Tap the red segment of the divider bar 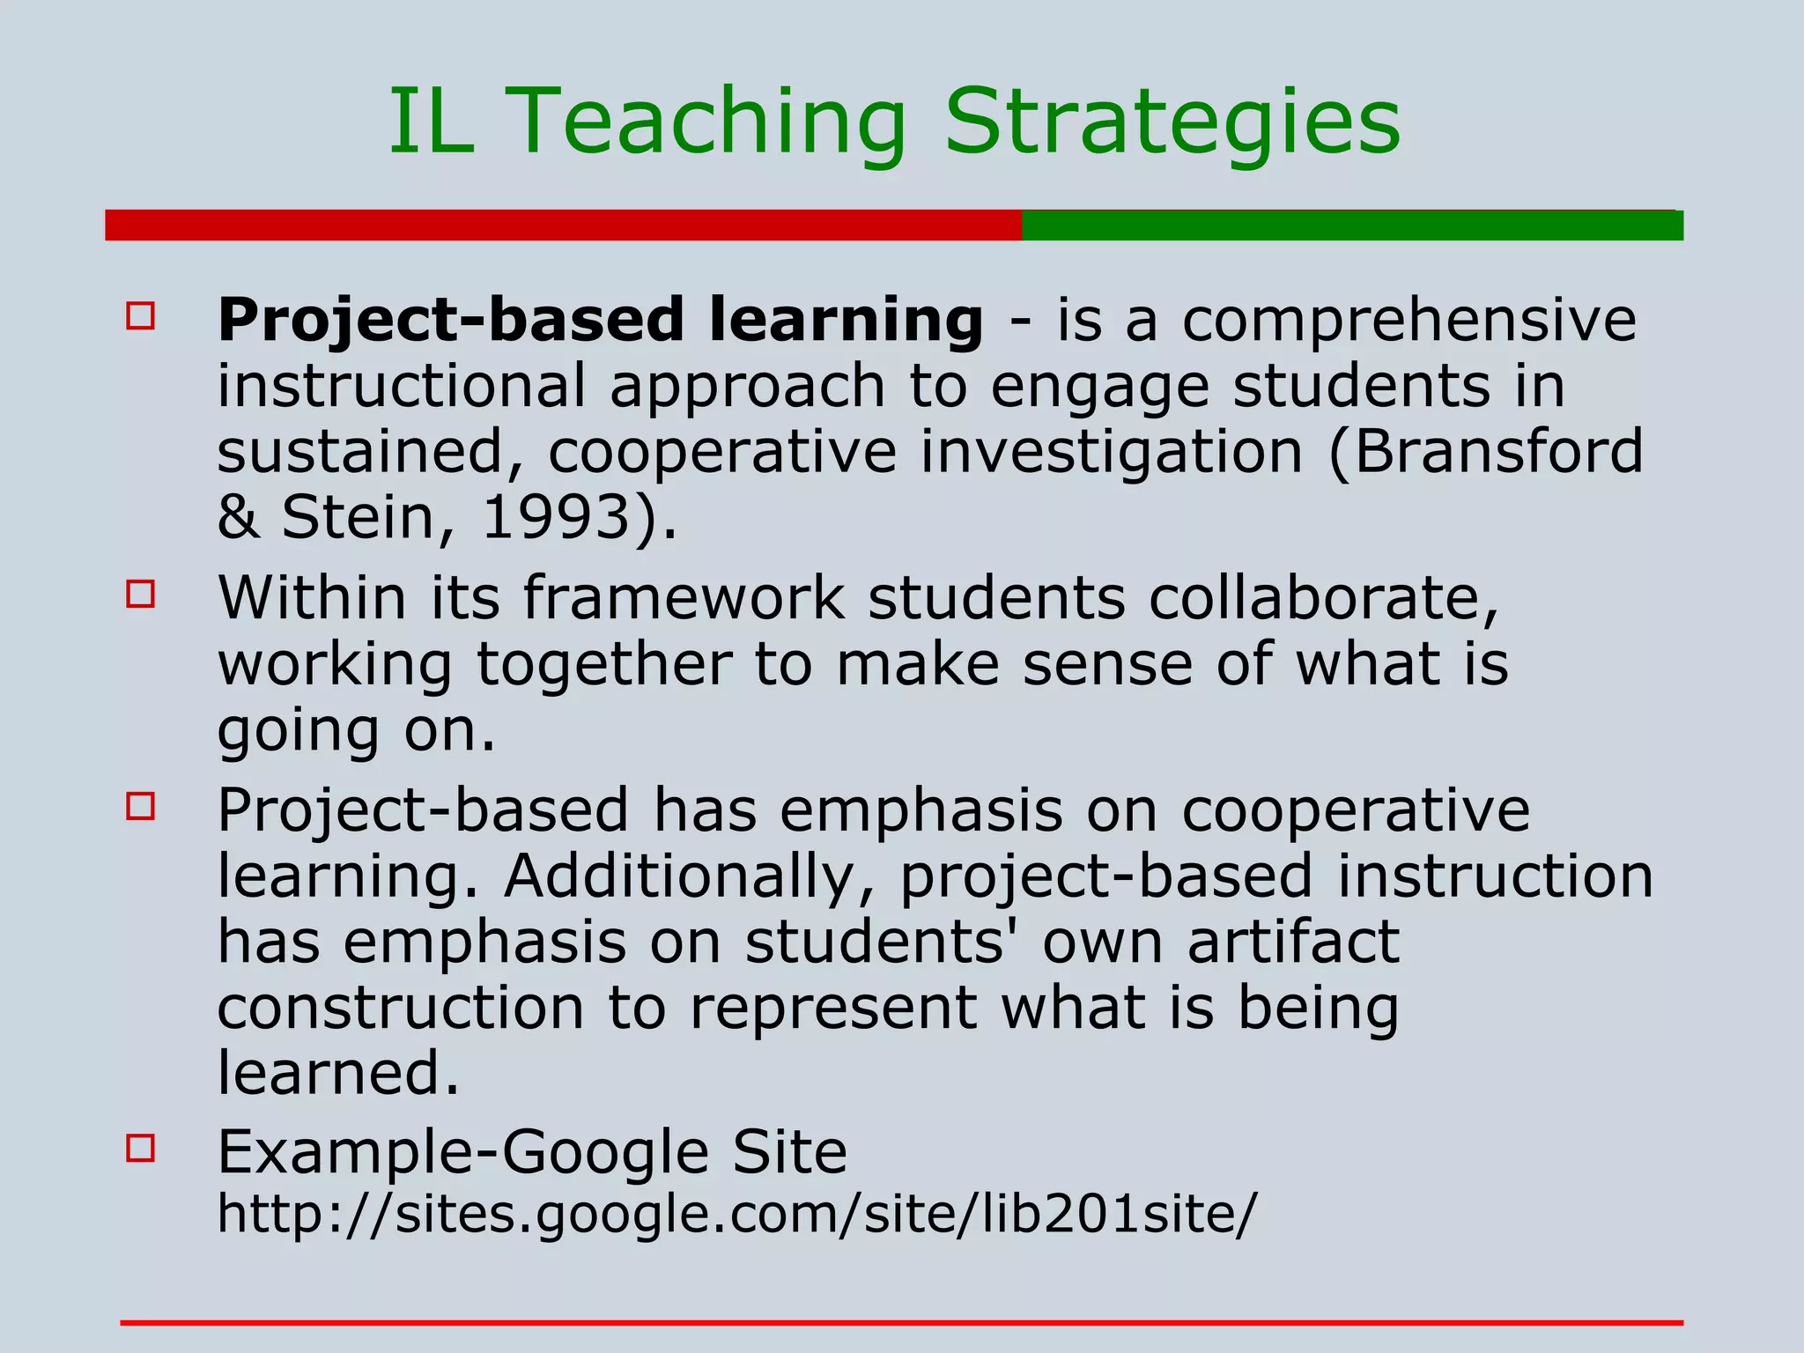(564, 225)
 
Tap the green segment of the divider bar (1352, 225)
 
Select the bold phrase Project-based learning (600, 321)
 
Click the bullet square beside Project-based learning (141, 316)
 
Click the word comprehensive (1408, 321)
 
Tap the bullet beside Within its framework (141, 594)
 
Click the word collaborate (1313, 599)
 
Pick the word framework (684, 599)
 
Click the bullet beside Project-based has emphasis (141, 806)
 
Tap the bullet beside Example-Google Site (141, 1148)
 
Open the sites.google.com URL (736, 1215)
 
